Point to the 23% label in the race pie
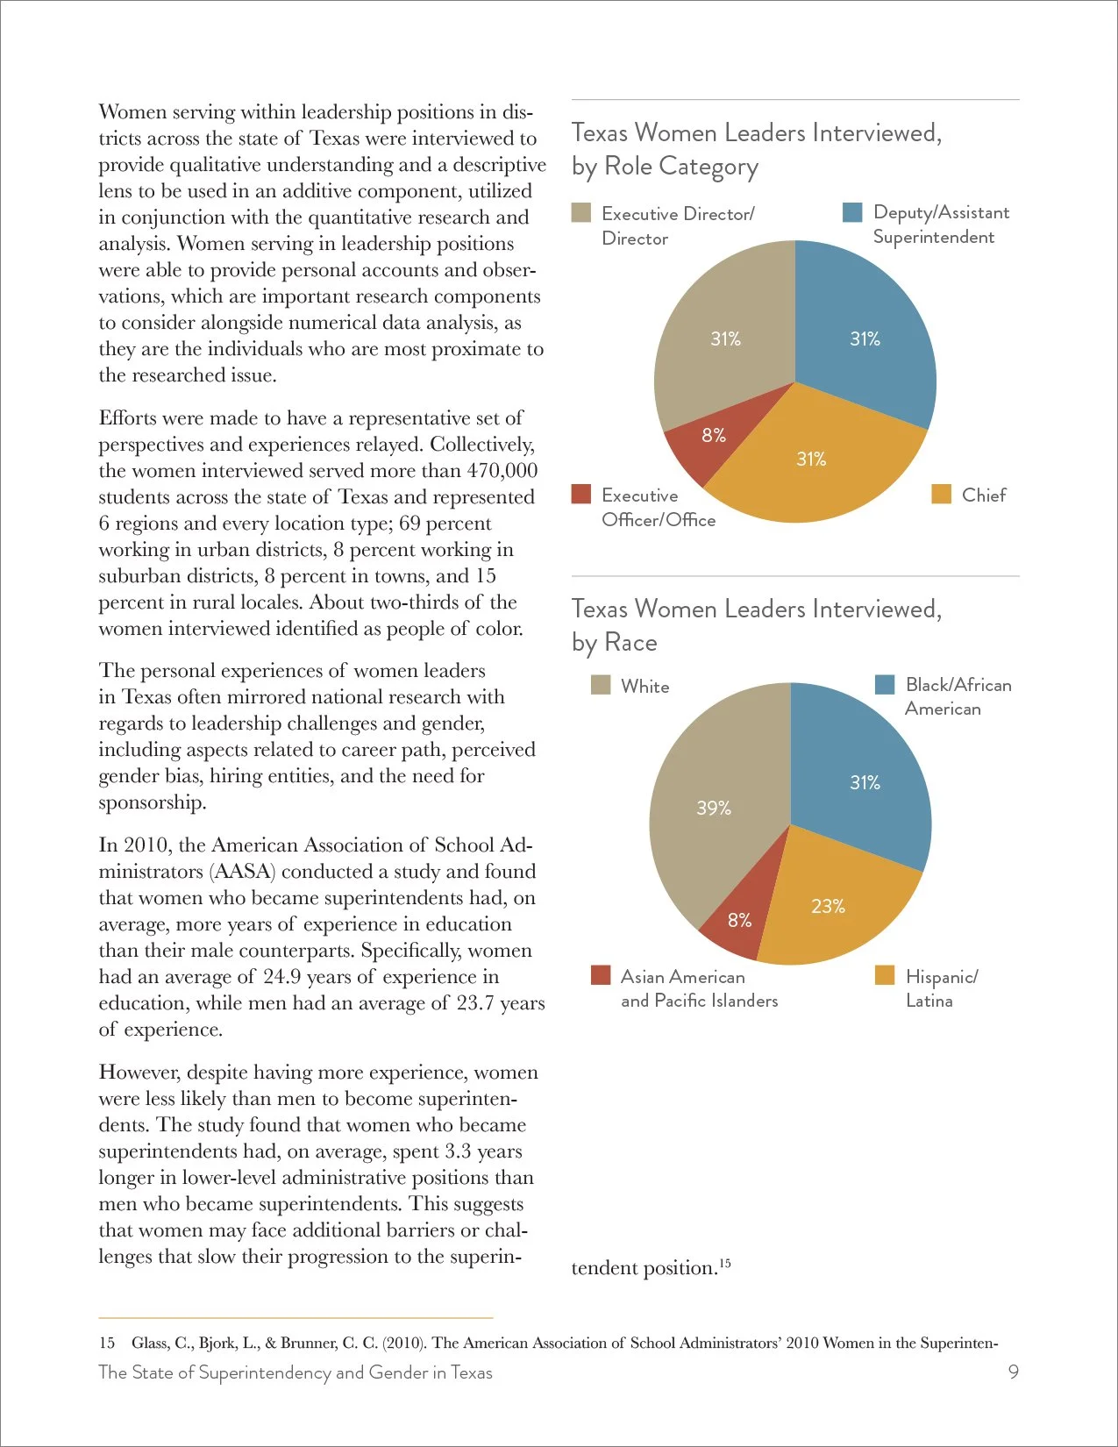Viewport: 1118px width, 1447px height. (x=828, y=906)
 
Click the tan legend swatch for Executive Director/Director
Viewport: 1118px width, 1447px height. (x=581, y=213)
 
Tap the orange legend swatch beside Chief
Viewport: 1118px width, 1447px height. (x=941, y=494)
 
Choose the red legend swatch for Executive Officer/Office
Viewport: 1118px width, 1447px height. (x=581, y=494)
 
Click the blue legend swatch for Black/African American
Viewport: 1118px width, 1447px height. (x=884, y=685)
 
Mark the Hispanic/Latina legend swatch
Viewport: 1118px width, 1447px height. (x=884, y=975)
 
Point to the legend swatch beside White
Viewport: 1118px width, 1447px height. (x=601, y=685)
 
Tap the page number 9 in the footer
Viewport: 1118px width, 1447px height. (x=1013, y=1372)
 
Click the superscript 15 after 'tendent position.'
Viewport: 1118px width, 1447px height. (x=724, y=1262)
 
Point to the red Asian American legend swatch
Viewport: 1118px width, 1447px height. (x=601, y=975)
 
